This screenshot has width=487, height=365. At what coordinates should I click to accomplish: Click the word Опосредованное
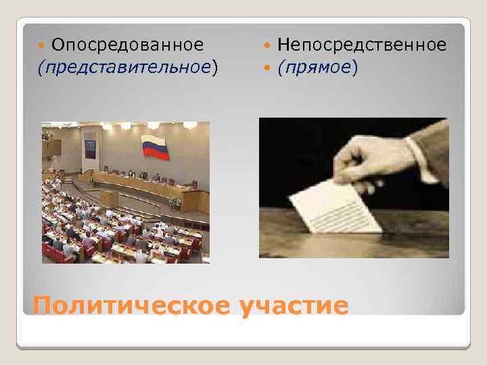(x=127, y=45)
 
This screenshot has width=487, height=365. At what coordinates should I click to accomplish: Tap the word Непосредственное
(x=361, y=45)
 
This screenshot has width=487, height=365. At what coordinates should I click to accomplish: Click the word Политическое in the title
(x=132, y=306)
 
